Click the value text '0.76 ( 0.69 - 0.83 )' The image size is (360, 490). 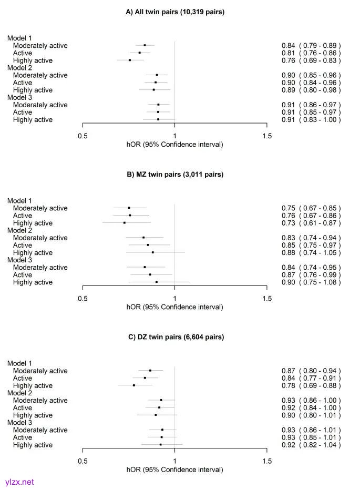[x=311, y=60]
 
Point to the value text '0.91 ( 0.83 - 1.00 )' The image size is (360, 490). [x=311, y=120]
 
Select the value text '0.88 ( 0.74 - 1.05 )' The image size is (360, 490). [x=311, y=253]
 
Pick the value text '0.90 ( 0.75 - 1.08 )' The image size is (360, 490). [x=311, y=282]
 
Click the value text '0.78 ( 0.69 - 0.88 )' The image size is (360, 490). [x=311, y=385]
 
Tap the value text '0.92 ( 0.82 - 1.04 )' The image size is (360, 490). [x=311, y=445]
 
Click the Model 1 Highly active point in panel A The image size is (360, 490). [x=130, y=60]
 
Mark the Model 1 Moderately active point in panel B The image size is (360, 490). [x=129, y=208]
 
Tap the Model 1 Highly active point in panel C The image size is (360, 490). [x=134, y=385]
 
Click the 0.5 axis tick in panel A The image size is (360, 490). [x=83, y=136]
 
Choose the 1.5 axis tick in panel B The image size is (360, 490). [x=267, y=299]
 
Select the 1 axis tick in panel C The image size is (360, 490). [x=175, y=461]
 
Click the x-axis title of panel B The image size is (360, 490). [x=175, y=307]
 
